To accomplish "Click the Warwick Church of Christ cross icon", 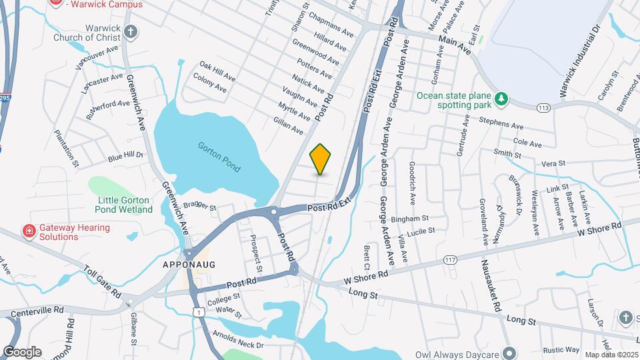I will (x=131, y=31).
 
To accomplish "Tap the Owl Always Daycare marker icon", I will (x=510, y=353).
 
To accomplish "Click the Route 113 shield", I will (x=543, y=107).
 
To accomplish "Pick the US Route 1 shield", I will (x=197, y=311).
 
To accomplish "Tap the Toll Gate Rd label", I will (x=103, y=282).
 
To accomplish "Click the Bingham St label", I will (x=409, y=218).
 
